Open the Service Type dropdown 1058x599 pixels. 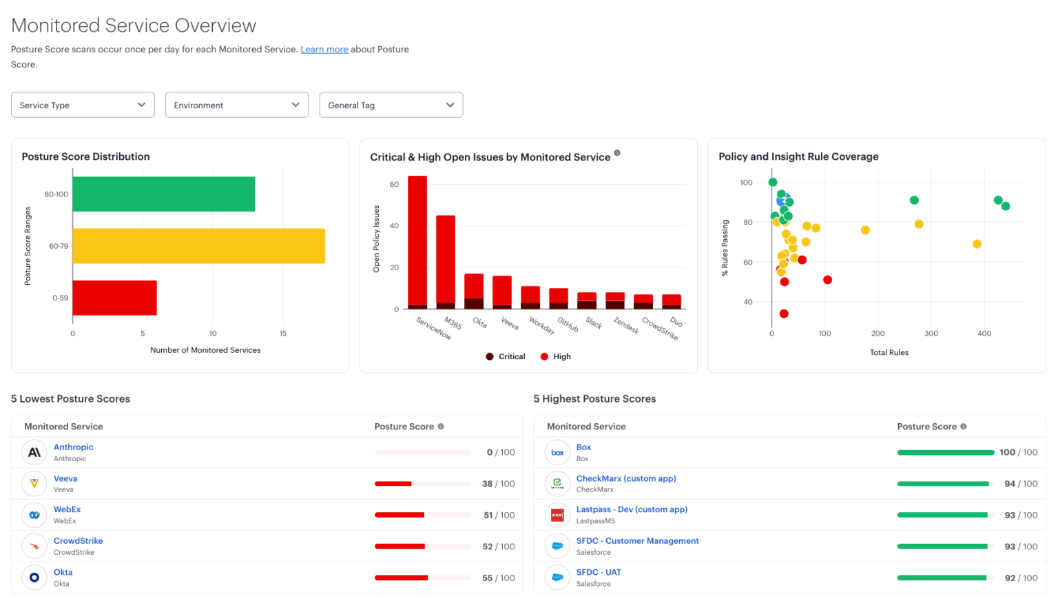click(83, 105)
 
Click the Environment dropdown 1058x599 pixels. click(237, 105)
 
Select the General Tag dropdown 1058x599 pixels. click(391, 105)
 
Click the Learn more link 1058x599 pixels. click(324, 50)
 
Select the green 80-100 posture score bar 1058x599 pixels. click(163, 194)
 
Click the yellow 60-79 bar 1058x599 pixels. click(198, 246)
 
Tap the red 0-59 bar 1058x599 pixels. click(114, 298)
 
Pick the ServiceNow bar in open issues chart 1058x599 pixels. click(417, 241)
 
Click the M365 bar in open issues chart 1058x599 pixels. click(446, 262)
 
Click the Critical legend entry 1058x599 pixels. click(506, 356)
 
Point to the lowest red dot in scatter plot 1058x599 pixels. click(784, 314)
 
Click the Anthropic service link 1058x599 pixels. click(73, 447)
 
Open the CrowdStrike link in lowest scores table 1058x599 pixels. click(78, 541)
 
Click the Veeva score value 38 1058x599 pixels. click(487, 484)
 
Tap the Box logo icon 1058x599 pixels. click(557, 453)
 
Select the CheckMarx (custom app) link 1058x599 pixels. click(625, 478)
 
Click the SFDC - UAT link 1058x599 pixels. click(598, 572)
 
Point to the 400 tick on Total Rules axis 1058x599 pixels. click(984, 334)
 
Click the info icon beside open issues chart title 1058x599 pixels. click(617, 153)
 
